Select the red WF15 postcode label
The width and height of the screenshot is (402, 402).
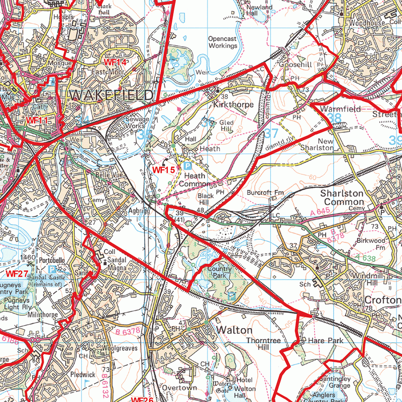pos(164,170)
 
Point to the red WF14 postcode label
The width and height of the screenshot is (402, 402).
pos(115,62)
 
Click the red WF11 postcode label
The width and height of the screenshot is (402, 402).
pos(38,121)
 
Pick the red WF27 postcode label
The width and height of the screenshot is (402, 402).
pos(16,273)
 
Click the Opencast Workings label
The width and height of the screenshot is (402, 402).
pos(223,42)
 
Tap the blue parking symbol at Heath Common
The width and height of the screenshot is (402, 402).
pos(187,165)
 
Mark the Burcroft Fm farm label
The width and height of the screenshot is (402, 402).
pos(265,192)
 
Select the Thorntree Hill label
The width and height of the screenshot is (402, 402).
pos(259,344)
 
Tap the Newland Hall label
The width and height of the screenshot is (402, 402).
pos(259,11)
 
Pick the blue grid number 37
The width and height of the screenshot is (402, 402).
pos(271,133)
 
